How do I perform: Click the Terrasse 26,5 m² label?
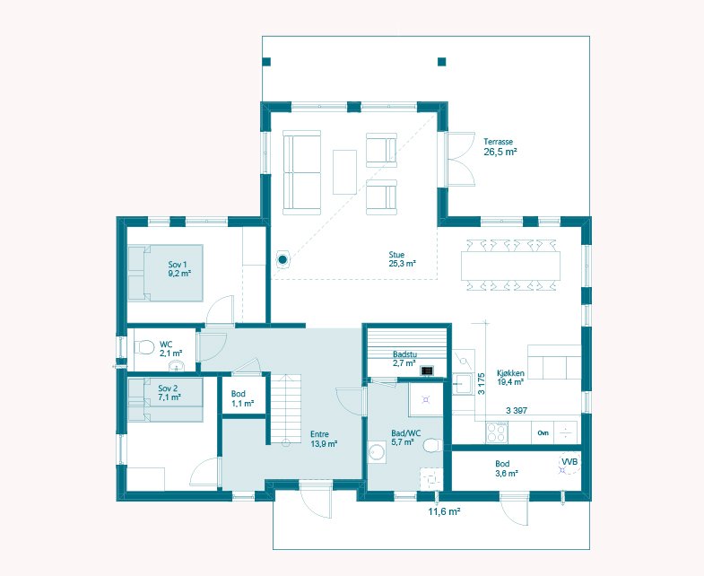coord(500,147)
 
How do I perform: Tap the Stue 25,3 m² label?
coord(402,259)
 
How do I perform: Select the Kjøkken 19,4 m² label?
coord(510,378)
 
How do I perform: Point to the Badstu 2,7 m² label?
coord(404,359)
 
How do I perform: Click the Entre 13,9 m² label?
coord(324,439)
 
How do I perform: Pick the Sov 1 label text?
coord(178,264)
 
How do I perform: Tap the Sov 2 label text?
coord(168,388)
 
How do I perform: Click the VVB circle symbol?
coord(569,463)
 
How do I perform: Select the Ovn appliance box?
coord(543,433)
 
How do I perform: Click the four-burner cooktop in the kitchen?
coord(497,432)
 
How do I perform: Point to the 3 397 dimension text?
coord(517,410)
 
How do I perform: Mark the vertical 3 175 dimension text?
coord(481,384)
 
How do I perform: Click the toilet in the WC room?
coord(143,347)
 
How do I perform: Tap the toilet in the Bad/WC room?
coord(431,445)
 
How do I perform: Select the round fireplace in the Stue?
coord(282,259)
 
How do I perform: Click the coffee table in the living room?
coord(344,172)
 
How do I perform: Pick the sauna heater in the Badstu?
coord(427,371)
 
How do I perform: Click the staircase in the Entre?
coord(285,409)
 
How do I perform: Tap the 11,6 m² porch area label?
coord(444,511)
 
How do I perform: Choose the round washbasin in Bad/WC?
coord(377,452)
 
